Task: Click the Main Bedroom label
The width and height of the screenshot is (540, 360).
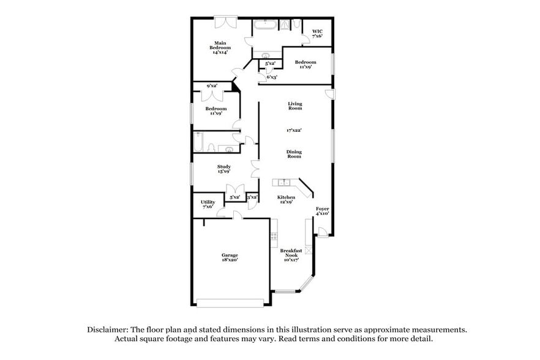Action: point(221,47)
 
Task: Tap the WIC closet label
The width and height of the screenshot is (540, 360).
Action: point(317,34)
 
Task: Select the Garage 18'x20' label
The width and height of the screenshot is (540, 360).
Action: point(230,257)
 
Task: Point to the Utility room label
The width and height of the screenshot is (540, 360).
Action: point(208,204)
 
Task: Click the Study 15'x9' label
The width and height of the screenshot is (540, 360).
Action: point(223,169)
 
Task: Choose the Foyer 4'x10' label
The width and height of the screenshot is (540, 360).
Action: point(322,211)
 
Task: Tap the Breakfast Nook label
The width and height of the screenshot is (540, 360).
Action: point(291,255)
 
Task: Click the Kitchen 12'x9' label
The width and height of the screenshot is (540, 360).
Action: point(287,200)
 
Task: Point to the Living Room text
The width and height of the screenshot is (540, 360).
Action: point(295,106)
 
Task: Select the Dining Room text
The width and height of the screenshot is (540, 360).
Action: point(294,154)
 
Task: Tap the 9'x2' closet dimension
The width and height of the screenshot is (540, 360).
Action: point(212,86)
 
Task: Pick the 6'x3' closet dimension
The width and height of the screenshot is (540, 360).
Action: point(272,77)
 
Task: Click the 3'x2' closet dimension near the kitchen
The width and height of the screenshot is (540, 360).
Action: point(252,197)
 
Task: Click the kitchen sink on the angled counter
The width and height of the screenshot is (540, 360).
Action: point(283,182)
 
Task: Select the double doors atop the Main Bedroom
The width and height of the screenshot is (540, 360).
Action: point(225,22)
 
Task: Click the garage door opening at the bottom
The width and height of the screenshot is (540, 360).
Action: point(230,302)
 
